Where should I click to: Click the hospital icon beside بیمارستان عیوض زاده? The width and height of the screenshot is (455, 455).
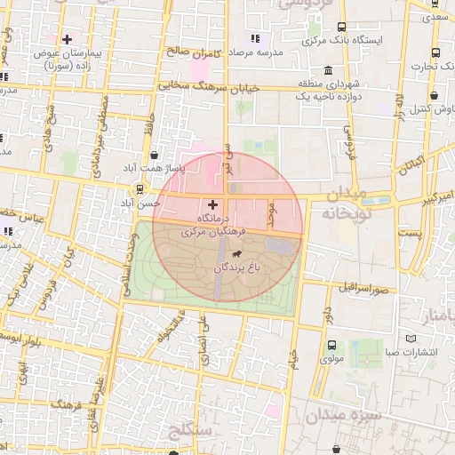click(x=68, y=39)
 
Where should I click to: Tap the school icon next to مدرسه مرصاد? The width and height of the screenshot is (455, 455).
click(x=256, y=38)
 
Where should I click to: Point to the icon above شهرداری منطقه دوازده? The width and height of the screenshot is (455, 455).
click(x=329, y=71)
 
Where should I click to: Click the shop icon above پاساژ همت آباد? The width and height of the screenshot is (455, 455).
click(x=156, y=154)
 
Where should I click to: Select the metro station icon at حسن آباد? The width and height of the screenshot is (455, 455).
click(x=140, y=188)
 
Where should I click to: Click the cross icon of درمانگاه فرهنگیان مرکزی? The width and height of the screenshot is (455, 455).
click(x=212, y=204)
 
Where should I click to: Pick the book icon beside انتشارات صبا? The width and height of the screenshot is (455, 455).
click(x=411, y=338)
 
